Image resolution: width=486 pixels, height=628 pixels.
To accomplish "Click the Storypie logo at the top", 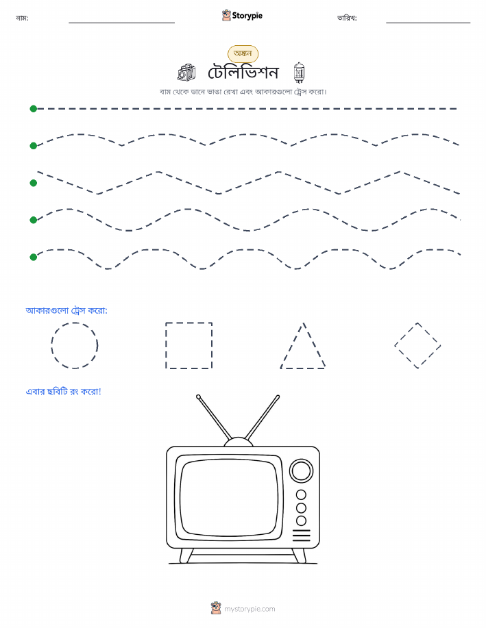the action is click(x=242, y=16).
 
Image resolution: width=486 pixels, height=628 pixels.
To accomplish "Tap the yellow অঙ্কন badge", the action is click(x=243, y=53).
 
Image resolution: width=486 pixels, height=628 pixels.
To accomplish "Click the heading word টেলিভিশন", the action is click(x=243, y=73).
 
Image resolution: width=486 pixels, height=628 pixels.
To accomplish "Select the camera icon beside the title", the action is click(x=186, y=73).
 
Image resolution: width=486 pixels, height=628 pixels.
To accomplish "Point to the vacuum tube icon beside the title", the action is click(x=299, y=73).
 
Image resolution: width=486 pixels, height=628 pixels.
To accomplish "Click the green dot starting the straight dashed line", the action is click(x=34, y=108).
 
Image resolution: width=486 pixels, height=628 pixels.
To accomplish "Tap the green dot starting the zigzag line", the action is click(x=34, y=183).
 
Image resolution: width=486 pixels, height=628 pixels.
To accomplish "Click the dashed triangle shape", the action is click(x=292, y=345).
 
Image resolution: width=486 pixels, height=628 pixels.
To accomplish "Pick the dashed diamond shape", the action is click(x=406, y=334).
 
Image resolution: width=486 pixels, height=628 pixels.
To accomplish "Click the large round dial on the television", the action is click(x=301, y=470).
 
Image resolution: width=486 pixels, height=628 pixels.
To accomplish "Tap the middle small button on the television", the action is click(x=301, y=508).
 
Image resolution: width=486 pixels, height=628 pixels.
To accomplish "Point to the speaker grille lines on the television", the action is click(x=301, y=535).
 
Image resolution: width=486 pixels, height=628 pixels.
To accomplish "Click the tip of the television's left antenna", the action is click(x=198, y=397).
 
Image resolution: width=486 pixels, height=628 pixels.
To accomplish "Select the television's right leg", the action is click(x=300, y=555).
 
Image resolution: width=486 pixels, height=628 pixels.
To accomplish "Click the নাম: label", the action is click(x=22, y=18).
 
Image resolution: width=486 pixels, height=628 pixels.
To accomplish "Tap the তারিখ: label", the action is click(x=347, y=18).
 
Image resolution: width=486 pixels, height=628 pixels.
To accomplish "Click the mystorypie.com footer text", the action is click(x=250, y=609).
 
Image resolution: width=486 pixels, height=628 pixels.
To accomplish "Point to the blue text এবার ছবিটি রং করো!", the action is click(x=63, y=391).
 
